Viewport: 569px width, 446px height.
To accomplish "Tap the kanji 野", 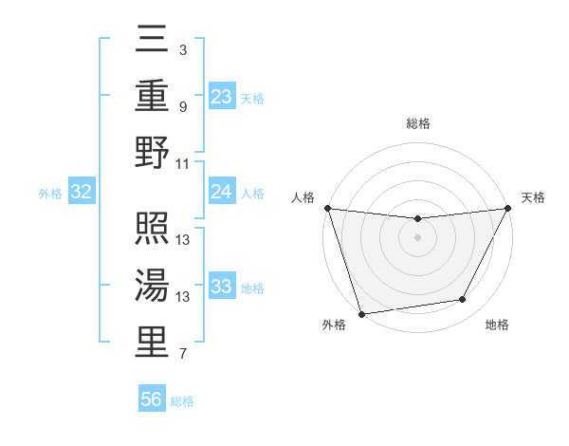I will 152,152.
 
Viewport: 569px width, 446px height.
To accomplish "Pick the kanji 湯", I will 152,285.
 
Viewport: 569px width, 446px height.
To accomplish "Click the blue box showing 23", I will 222,97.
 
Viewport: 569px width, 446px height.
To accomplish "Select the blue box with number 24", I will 222,192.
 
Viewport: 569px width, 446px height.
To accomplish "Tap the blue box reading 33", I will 222,287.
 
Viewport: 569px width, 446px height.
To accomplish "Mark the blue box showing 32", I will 82,192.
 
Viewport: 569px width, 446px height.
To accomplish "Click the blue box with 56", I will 152,400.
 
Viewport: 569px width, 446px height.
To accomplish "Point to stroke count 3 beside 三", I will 182,49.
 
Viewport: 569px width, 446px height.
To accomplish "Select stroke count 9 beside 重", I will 182,106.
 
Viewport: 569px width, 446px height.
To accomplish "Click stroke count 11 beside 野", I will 183,163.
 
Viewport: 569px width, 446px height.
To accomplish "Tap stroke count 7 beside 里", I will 182,355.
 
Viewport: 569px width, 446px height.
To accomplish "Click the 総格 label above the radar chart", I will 417,123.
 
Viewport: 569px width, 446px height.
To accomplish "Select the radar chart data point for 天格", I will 507,208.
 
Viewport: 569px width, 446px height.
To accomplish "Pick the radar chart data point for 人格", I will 327,208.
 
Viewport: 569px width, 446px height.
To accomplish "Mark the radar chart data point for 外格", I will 361,313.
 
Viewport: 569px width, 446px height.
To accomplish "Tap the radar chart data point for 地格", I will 463,300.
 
